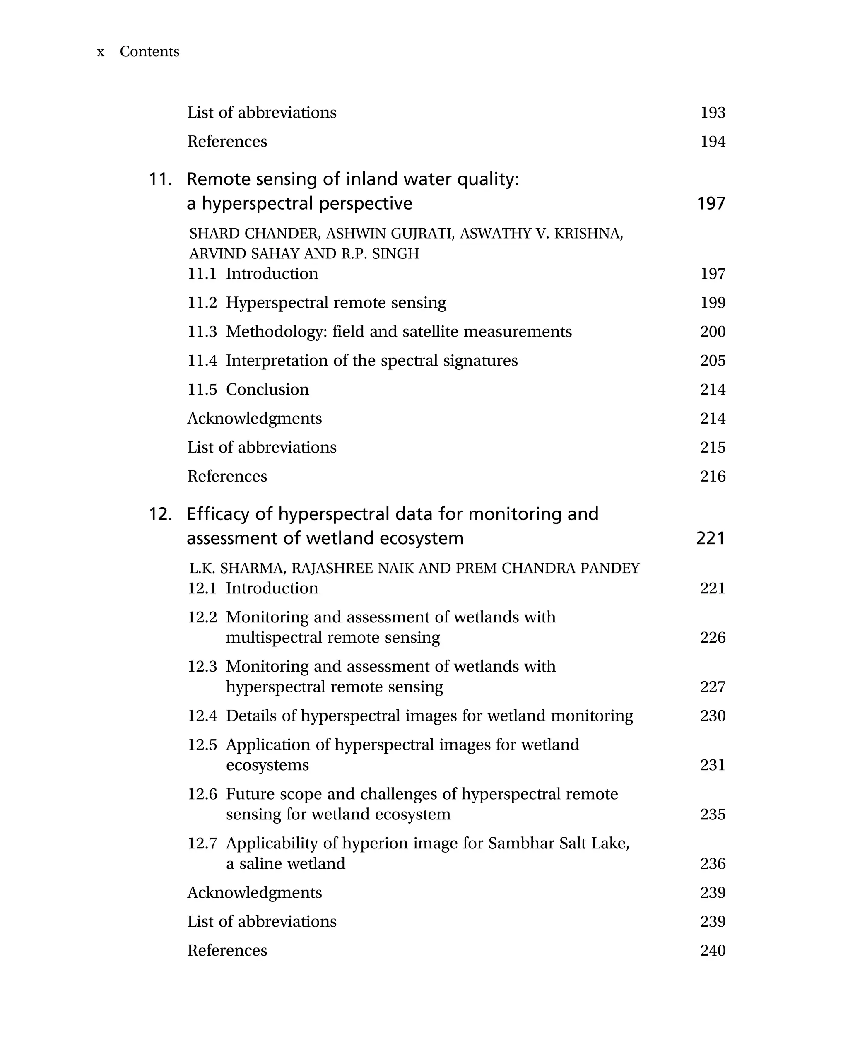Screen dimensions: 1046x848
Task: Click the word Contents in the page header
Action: [x=149, y=51]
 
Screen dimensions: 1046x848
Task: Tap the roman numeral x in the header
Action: [x=101, y=52]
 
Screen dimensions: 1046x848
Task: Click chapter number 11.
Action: [x=160, y=179]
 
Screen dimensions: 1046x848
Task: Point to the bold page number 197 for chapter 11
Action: [x=711, y=203]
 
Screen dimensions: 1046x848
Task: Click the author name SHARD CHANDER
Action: [x=254, y=234]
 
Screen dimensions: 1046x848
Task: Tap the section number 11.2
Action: [x=202, y=302]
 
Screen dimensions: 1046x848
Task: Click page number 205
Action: [x=712, y=361]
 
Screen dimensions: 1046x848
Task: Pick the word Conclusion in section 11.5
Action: [x=267, y=389]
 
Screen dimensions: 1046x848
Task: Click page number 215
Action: [x=712, y=447]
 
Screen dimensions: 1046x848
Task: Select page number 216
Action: [x=712, y=476]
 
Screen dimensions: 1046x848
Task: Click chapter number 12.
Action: [x=160, y=514]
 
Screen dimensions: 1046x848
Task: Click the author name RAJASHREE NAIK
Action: [x=345, y=568]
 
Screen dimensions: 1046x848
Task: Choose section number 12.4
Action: [x=202, y=715]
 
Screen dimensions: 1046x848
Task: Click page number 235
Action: [x=712, y=814]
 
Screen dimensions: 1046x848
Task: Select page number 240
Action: [x=712, y=950]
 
